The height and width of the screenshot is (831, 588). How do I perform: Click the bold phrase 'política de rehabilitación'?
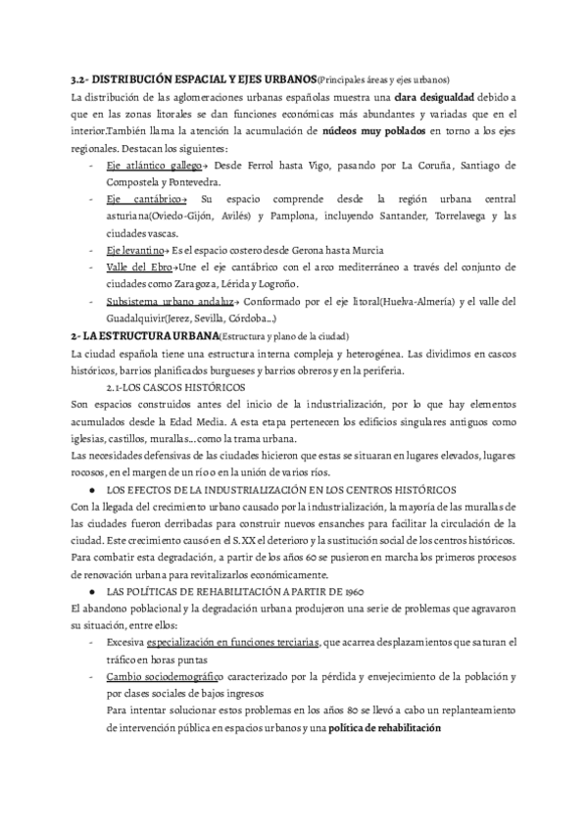tap(385, 728)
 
